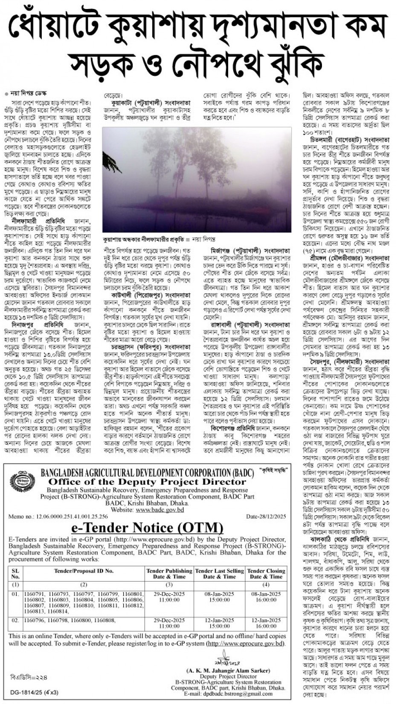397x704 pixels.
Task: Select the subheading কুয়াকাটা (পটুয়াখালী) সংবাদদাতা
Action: pos(151,103)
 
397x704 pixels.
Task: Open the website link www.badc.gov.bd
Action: pos(159,509)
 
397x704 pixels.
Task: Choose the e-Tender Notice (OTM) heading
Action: pos(147,528)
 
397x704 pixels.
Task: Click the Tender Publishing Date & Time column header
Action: pos(169,573)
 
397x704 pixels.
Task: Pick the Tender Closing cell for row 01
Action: pos(266,597)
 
